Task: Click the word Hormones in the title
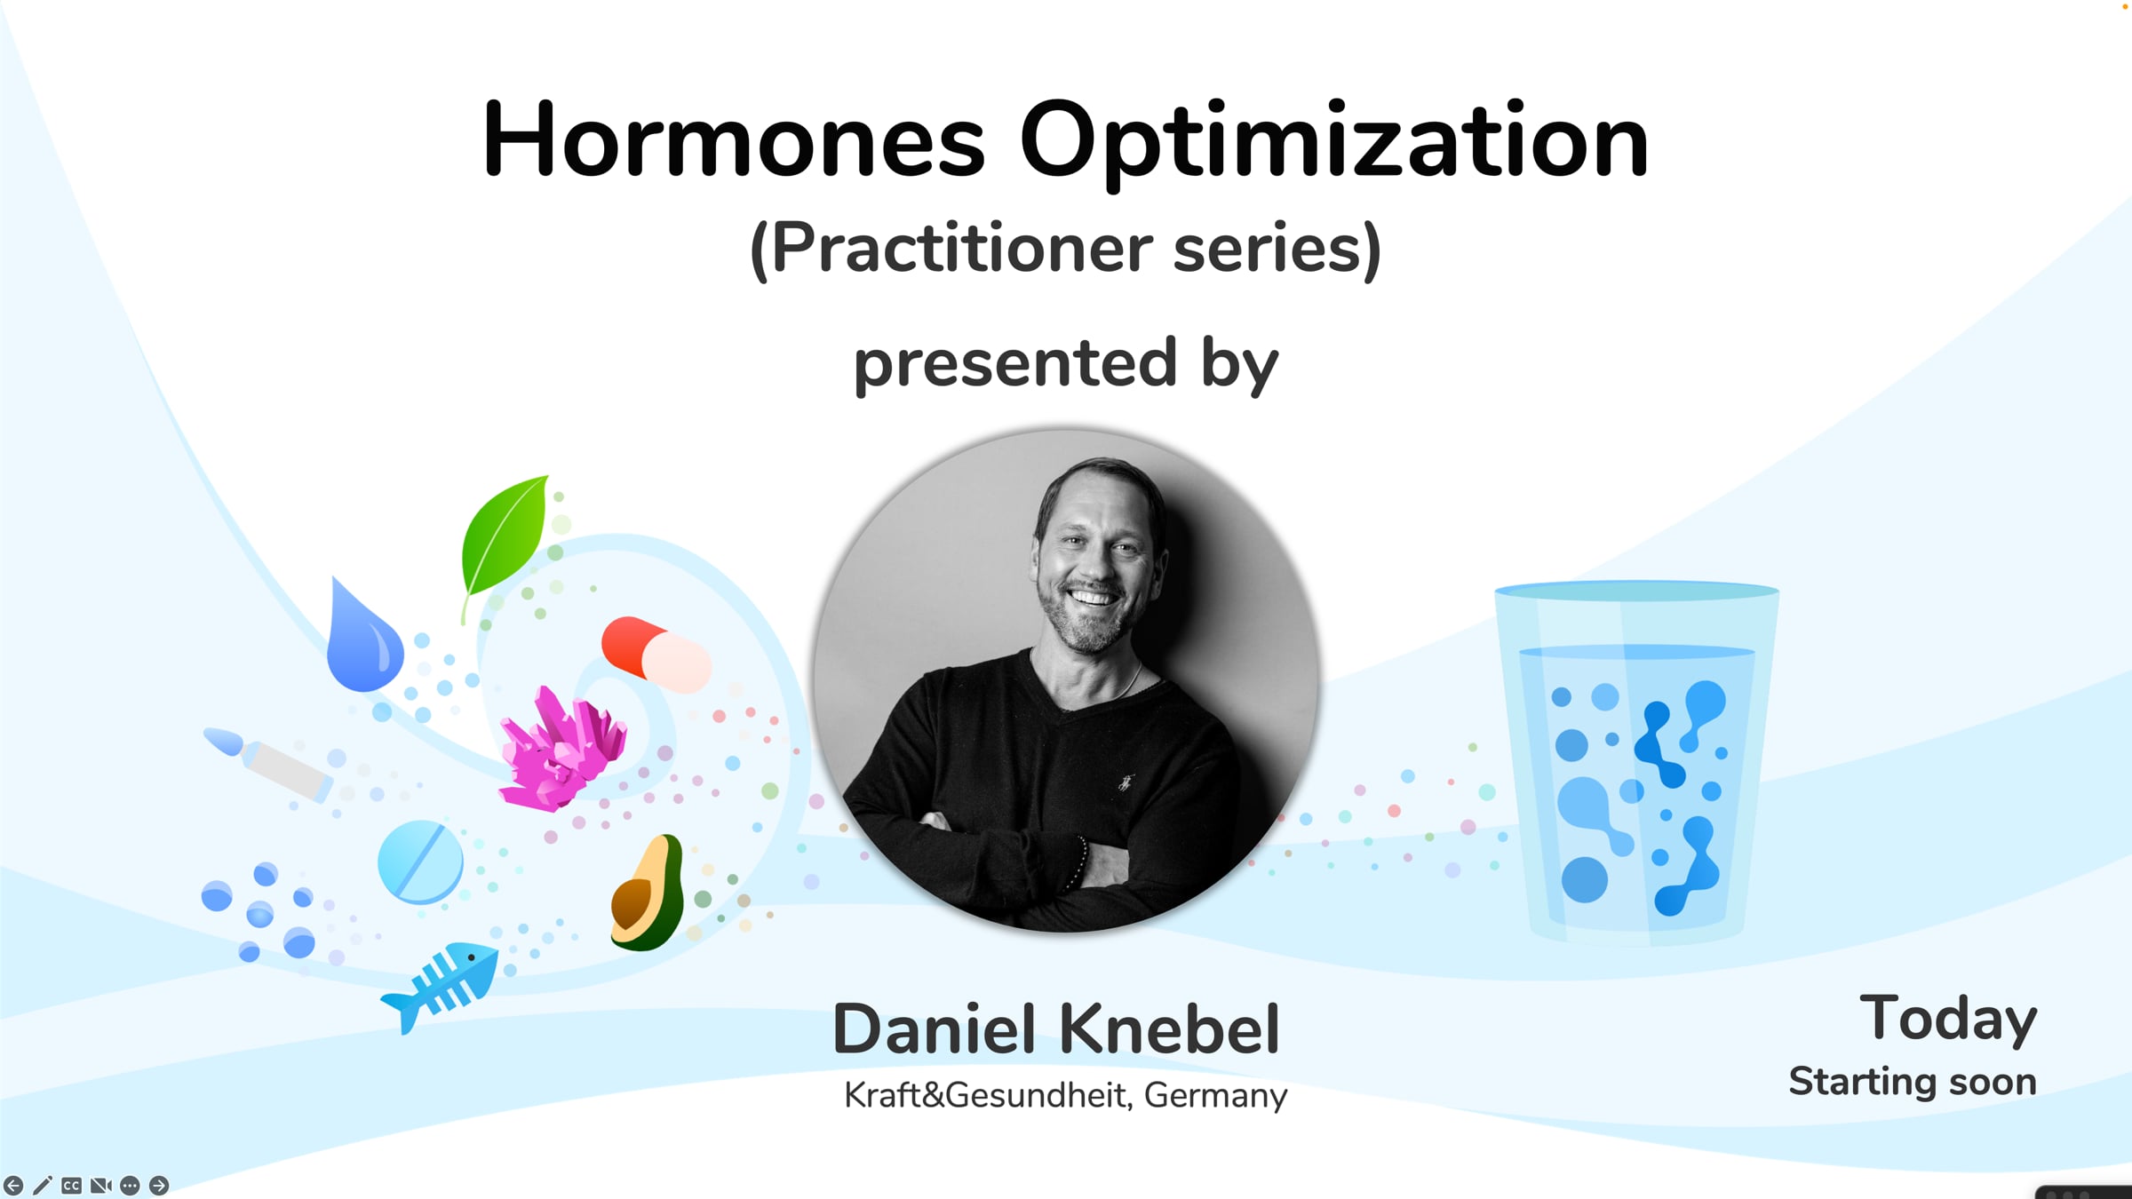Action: point(734,139)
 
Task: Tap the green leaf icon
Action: point(504,542)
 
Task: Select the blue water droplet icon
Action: point(363,636)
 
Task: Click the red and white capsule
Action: point(656,655)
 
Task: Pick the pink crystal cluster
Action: point(562,749)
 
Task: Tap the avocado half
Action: point(648,893)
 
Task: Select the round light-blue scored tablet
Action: point(420,862)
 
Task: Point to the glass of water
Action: point(1636,762)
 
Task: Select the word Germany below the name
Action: point(1215,1097)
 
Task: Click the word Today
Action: point(1948,1020)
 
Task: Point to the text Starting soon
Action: point(1913,1082)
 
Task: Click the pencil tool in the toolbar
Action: point(42,1185)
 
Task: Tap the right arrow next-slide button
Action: point(159,1185)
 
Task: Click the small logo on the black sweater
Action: point(1126,782)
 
